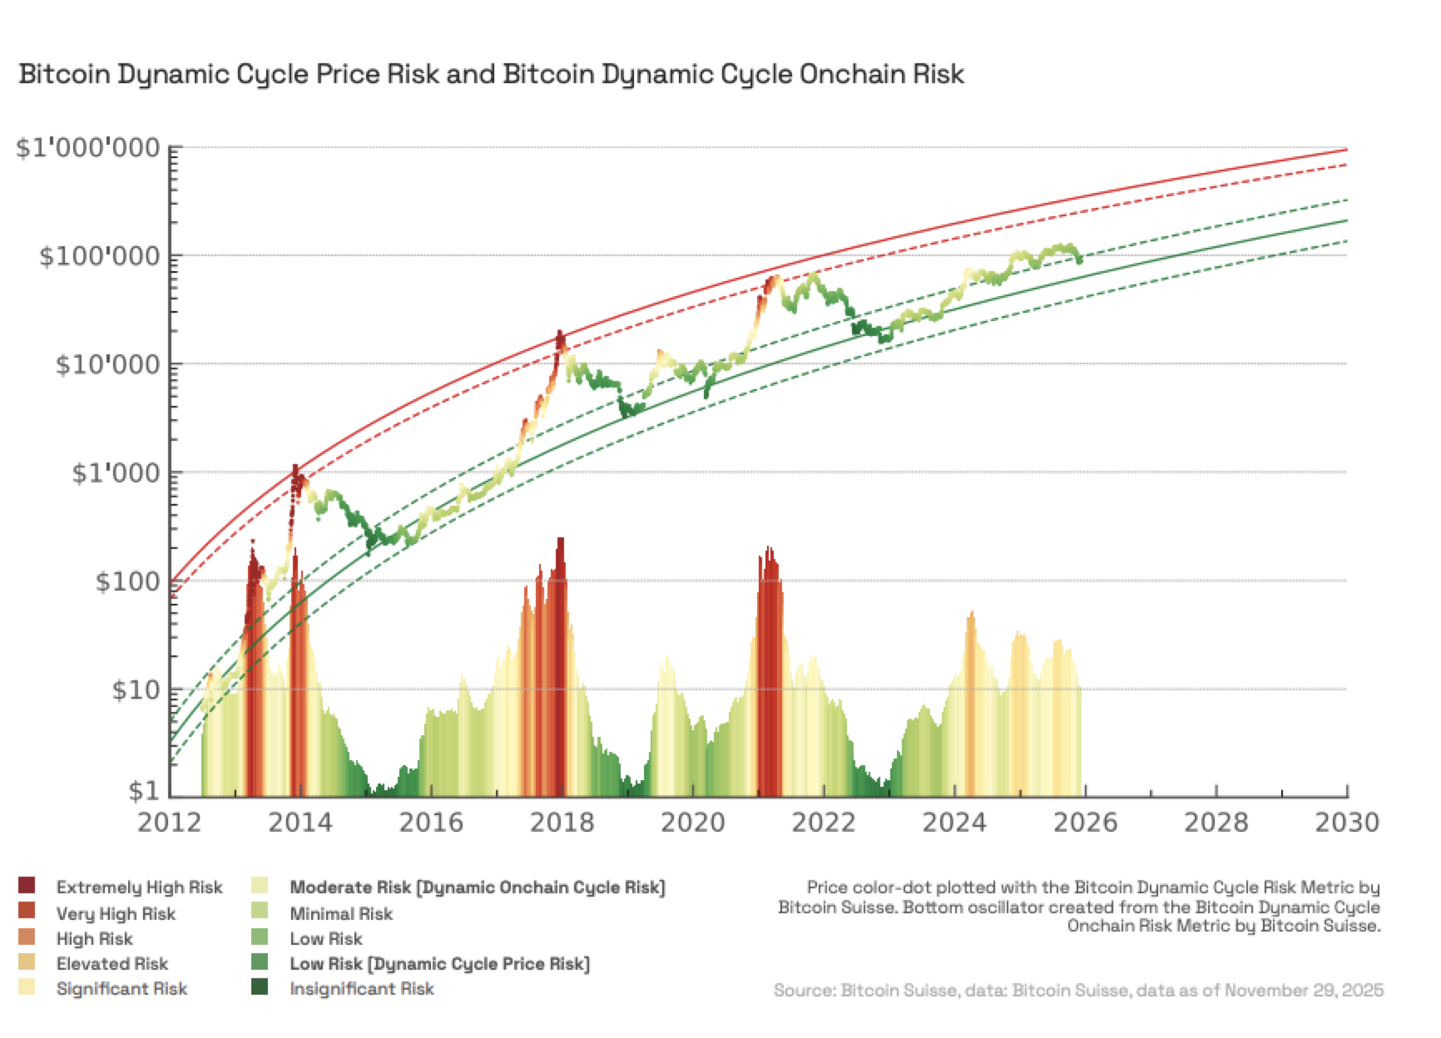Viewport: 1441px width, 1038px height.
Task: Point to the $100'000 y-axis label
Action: point(99,256)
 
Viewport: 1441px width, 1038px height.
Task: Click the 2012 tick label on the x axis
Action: point(169,823)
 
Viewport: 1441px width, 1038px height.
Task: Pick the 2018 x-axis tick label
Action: point(562,823)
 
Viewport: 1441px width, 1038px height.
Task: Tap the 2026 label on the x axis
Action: point(1085,823)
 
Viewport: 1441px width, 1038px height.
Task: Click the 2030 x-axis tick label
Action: point(1346,823)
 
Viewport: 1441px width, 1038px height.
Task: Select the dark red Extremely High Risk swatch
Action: point(27,887)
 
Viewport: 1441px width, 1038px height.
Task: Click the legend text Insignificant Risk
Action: point(362,989)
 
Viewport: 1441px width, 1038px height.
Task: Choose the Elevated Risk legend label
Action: point(112,964)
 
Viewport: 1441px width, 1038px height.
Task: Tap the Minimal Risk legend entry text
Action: point(341,913)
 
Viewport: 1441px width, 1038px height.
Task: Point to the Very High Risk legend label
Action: point(116,913)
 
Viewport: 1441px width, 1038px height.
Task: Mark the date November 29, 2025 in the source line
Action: point(1304,990)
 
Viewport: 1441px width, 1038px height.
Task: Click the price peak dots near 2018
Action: point(560,338)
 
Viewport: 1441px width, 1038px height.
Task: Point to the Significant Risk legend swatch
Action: point(27,988)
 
